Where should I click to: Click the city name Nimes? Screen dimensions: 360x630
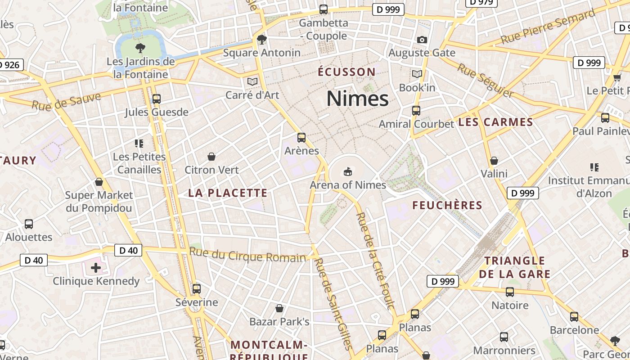357,99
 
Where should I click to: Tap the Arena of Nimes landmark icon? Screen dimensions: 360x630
348,171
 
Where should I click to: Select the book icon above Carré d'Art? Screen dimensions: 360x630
252,82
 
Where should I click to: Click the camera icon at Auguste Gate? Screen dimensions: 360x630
422,40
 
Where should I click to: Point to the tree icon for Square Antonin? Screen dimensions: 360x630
261,40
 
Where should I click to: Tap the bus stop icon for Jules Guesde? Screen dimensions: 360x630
157,99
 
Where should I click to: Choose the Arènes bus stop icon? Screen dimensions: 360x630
301,138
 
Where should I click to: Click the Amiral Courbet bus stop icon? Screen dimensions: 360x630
416,111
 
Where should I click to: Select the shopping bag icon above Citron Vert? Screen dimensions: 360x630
211,157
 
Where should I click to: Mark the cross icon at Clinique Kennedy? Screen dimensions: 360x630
96,268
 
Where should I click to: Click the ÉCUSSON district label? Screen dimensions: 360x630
346,72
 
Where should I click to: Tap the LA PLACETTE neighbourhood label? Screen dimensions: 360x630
228,193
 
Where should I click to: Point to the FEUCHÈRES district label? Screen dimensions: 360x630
447,206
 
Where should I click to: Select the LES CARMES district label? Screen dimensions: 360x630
495,122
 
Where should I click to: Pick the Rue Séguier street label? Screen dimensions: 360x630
486,81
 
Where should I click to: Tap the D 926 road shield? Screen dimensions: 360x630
10,65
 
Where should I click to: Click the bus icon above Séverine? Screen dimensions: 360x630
196,289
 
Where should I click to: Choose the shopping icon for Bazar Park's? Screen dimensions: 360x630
279,309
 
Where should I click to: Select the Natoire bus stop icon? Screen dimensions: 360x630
510,292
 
